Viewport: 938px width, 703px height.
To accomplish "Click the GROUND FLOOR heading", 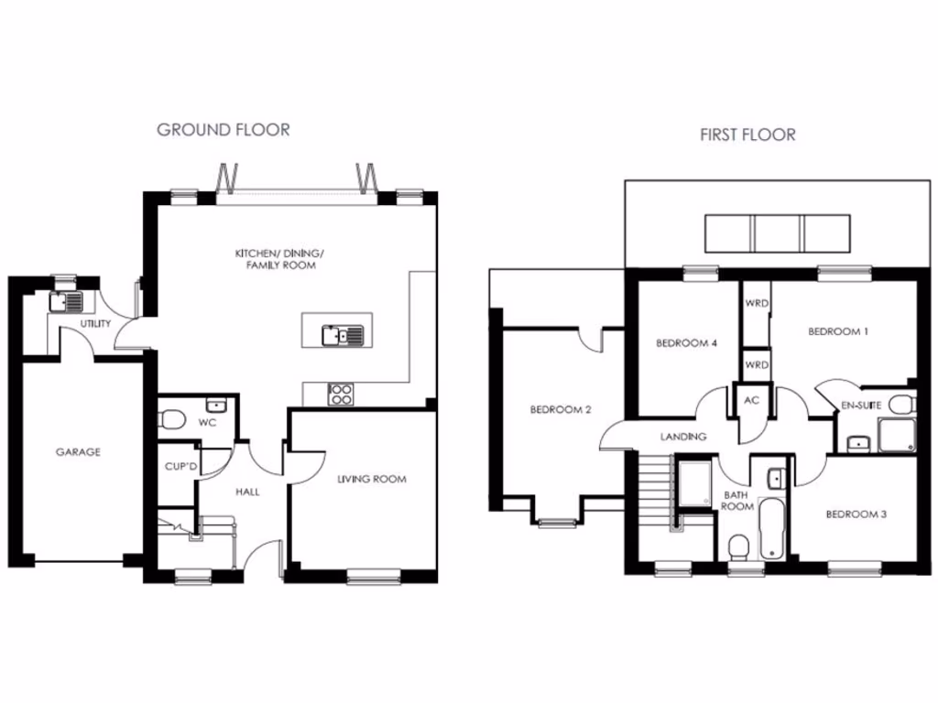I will (223, 129).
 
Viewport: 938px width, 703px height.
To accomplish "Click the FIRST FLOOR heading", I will (747, 135).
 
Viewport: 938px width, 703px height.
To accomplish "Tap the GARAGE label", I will (78, 451).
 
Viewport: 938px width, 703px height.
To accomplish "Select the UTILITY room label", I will (95, 323).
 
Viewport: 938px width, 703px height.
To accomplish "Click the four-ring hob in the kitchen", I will (341, 395).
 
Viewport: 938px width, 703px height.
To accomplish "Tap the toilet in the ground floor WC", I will (170, 419).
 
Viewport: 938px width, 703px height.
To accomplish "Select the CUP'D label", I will (181, 468).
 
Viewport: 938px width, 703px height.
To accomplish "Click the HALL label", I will (247, 492).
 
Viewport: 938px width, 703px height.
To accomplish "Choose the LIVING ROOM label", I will (371, 479).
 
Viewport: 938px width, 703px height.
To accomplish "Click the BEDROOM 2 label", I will (561, 409).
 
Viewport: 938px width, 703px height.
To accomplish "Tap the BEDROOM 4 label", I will (686, 343).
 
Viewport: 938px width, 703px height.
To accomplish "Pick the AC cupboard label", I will (752, 400).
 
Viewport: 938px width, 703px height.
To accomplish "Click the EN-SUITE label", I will (860, 404).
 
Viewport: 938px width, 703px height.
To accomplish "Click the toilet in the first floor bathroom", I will (739, 547).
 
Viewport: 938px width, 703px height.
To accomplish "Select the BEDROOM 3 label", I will (856, 514).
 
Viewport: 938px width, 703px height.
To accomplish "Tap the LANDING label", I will (683, 437).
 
